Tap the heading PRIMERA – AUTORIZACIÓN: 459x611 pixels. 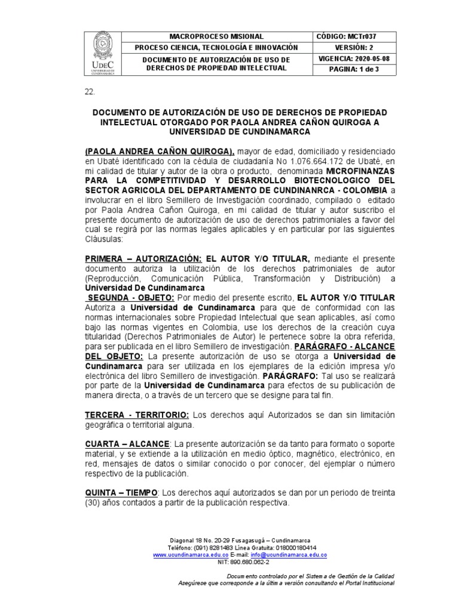[x=143, y=259]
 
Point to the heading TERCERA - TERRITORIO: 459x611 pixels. [x=137, y=415]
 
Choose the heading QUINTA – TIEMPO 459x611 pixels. [x=121, y=492]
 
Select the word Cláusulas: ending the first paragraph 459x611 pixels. [x=104, y=239]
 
